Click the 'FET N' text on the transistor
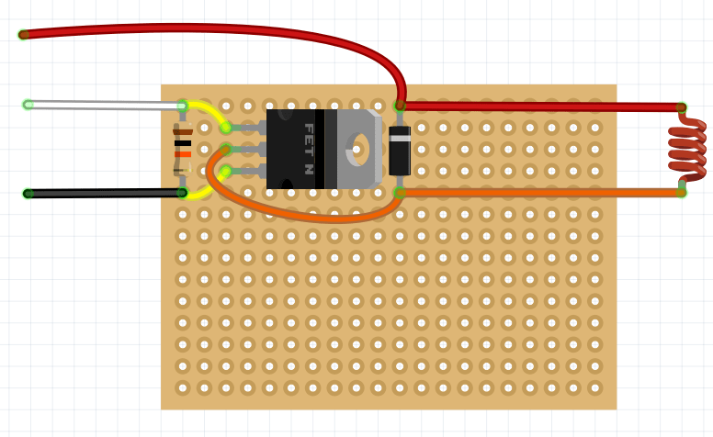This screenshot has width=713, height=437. point(308,149)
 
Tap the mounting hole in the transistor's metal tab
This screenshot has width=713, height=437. point(360,149)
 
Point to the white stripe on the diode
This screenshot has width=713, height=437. point(400,138)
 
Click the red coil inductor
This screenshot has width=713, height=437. point(686,149)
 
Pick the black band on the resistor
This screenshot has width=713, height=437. point(183,143)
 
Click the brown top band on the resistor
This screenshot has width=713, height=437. point(183,132)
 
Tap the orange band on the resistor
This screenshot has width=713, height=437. point(183,154)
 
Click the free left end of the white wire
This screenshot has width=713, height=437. point(28,105)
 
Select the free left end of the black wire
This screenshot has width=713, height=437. point(28,194)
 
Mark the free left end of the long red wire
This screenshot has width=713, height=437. point(24,35)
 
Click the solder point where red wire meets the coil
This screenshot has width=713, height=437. point(681,107)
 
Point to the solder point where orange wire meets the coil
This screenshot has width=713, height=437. point(681,192)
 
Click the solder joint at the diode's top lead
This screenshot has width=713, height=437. point(400,106)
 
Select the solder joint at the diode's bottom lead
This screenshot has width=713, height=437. point(400,192)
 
